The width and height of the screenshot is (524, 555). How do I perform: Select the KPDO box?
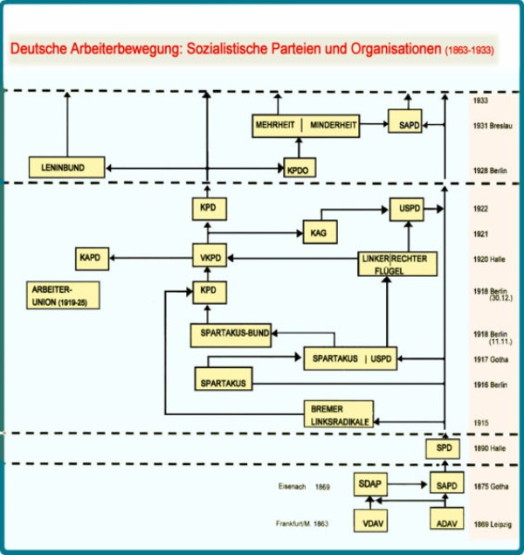[x=299, y=168]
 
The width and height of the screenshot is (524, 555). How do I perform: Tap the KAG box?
[x=317, y=232]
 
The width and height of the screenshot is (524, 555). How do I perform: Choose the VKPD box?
[x=207, y=257]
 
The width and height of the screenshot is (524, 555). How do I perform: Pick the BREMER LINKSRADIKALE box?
[x=338, y=413]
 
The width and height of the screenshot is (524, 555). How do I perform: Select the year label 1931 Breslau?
[x=491, y=126]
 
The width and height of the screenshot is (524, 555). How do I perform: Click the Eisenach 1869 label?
[x=304, y=484]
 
